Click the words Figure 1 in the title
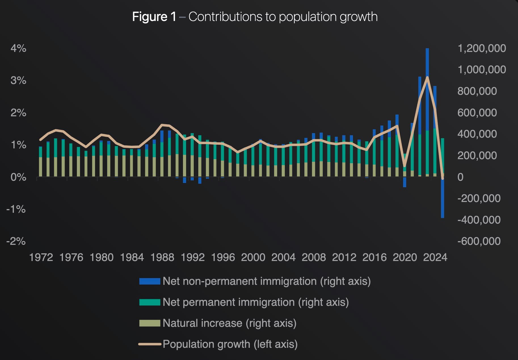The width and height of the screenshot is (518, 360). (154, 17)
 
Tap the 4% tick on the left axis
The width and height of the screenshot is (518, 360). (18, 49)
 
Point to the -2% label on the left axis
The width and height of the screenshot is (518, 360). (16, 241)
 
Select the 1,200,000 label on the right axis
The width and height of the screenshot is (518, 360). (481, 49)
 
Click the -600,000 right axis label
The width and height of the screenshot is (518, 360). (479, 241)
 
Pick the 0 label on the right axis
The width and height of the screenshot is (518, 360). (460, 177)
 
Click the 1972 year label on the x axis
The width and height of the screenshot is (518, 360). (41, 257)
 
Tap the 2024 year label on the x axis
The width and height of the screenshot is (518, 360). (435, 257)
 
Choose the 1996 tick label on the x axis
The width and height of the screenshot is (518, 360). (223, 257)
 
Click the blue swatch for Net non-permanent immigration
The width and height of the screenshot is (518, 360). (149, 281)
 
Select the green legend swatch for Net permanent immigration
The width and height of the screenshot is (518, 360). (149, 302)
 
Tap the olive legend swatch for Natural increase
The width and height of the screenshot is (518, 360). (149, 323)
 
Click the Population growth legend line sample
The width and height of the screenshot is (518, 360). (149, 344)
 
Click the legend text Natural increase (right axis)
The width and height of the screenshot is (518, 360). (229, 323)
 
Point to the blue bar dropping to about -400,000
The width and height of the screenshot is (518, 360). (443, 199)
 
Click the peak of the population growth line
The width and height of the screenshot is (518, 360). (427, 77)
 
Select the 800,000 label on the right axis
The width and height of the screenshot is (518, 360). (477, 91)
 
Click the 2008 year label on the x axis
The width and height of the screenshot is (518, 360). (313, 257)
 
